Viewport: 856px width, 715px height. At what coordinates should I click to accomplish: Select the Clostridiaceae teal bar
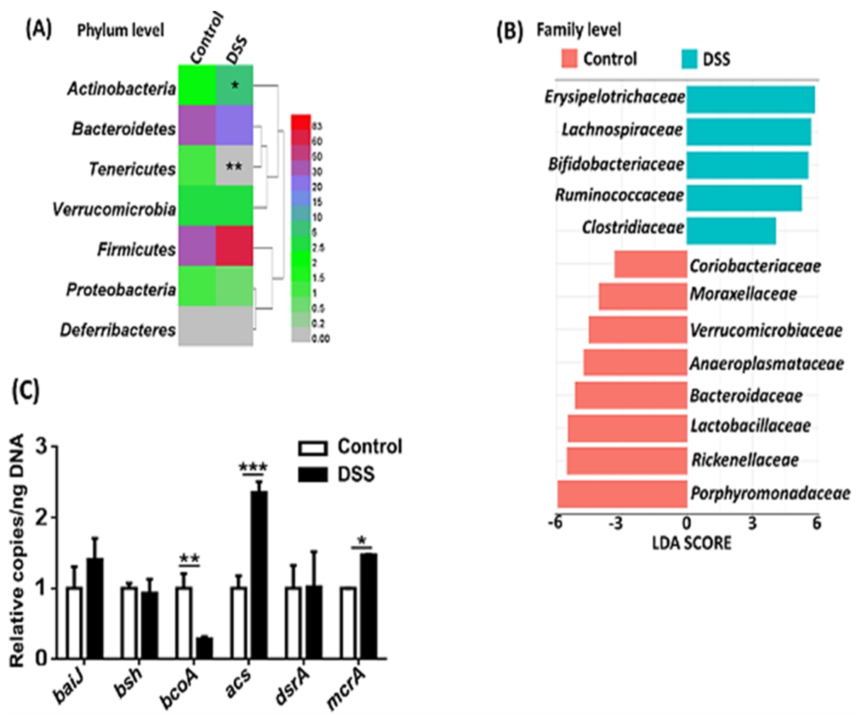tap(731, 231)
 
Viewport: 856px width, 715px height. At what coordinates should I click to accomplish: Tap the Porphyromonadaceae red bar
tap(622, 494)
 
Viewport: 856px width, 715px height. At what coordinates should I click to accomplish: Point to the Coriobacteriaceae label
tap(755, 266)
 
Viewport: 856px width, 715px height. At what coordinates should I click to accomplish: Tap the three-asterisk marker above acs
tap(253, 467)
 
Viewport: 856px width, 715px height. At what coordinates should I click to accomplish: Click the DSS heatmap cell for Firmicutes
tap(234, 246)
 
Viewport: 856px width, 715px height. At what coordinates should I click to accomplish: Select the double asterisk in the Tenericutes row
tap(234, 167)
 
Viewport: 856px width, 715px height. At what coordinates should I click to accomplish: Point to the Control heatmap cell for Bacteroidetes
tap(197, 125)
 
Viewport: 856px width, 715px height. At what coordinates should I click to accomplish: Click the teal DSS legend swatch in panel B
tap(689, 59)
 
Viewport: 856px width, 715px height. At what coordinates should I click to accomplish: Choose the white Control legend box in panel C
tap(313, 447)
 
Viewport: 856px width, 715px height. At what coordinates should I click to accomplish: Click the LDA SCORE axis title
tap(692, 543)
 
